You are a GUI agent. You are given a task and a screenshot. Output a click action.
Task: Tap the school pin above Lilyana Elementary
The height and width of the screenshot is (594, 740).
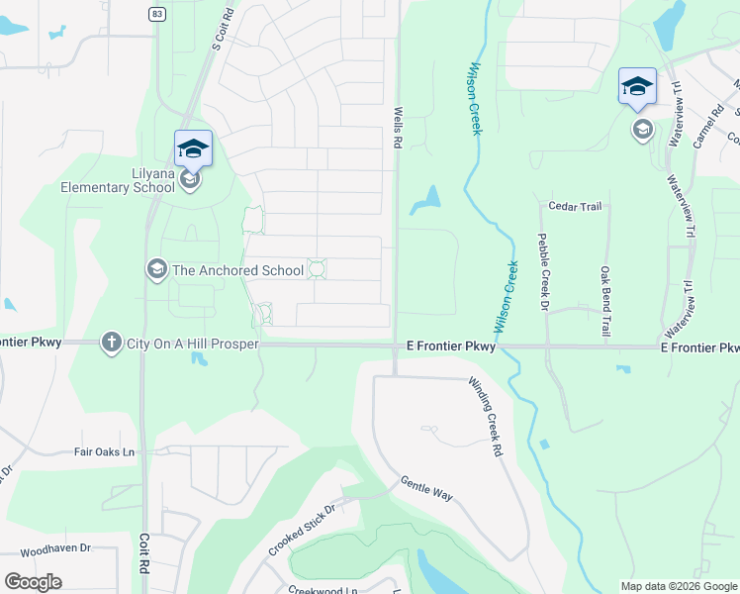pos(193,148)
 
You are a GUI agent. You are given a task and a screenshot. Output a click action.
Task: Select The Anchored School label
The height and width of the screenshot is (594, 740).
pos(225,270)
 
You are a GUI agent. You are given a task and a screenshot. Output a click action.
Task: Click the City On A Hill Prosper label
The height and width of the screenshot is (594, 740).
pos(193,344)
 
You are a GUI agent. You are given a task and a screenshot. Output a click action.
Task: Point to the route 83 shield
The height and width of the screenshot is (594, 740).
pos(157,13)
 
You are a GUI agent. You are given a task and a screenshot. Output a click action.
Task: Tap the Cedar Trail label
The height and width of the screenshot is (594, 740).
pos(575,206)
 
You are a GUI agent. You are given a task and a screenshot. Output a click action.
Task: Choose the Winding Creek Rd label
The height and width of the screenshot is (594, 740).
pos(485,416)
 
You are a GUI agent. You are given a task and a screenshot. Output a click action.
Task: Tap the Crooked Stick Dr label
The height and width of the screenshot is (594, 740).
pos(302,530)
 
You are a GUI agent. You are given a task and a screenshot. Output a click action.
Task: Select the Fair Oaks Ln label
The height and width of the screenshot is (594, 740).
pos(104,451)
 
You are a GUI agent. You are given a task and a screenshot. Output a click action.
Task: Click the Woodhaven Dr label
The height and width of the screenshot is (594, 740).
pos(55,547)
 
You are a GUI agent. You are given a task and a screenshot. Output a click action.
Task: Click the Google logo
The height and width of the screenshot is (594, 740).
pos(33,582)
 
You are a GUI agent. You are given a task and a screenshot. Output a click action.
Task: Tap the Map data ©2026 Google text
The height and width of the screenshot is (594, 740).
pos(679,586)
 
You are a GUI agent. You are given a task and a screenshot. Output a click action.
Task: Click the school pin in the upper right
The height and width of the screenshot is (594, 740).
pos(637,86)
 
